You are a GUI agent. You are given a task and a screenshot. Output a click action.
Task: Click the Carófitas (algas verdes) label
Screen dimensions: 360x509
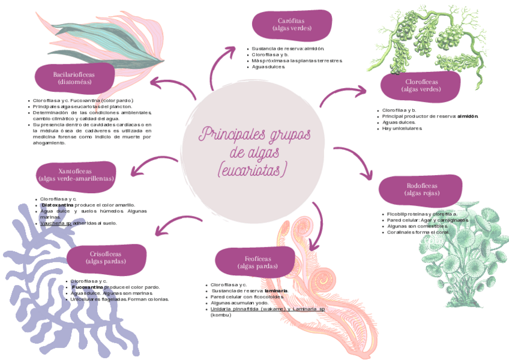click(x=291, y=25)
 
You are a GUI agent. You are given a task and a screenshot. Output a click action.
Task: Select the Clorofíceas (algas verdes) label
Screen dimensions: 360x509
click(x=421, y=85)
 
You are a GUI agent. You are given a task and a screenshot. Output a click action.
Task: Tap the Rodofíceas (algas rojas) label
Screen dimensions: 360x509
click(x=421, y=190)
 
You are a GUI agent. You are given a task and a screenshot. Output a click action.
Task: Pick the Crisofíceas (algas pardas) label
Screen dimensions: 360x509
click(x=106, y=258)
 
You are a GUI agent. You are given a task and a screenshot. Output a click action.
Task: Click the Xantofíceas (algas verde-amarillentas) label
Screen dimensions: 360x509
click(x=76, y=175)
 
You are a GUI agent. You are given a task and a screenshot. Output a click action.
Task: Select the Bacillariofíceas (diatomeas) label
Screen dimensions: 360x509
click(x=74, y=78)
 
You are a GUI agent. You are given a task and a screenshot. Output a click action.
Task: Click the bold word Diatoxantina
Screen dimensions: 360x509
click(x=58, y=205)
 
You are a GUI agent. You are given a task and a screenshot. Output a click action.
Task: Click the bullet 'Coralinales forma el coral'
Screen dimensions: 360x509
click(x=418, y=232)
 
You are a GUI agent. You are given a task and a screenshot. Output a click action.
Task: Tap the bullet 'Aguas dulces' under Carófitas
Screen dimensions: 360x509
click(x=268, y=67)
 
